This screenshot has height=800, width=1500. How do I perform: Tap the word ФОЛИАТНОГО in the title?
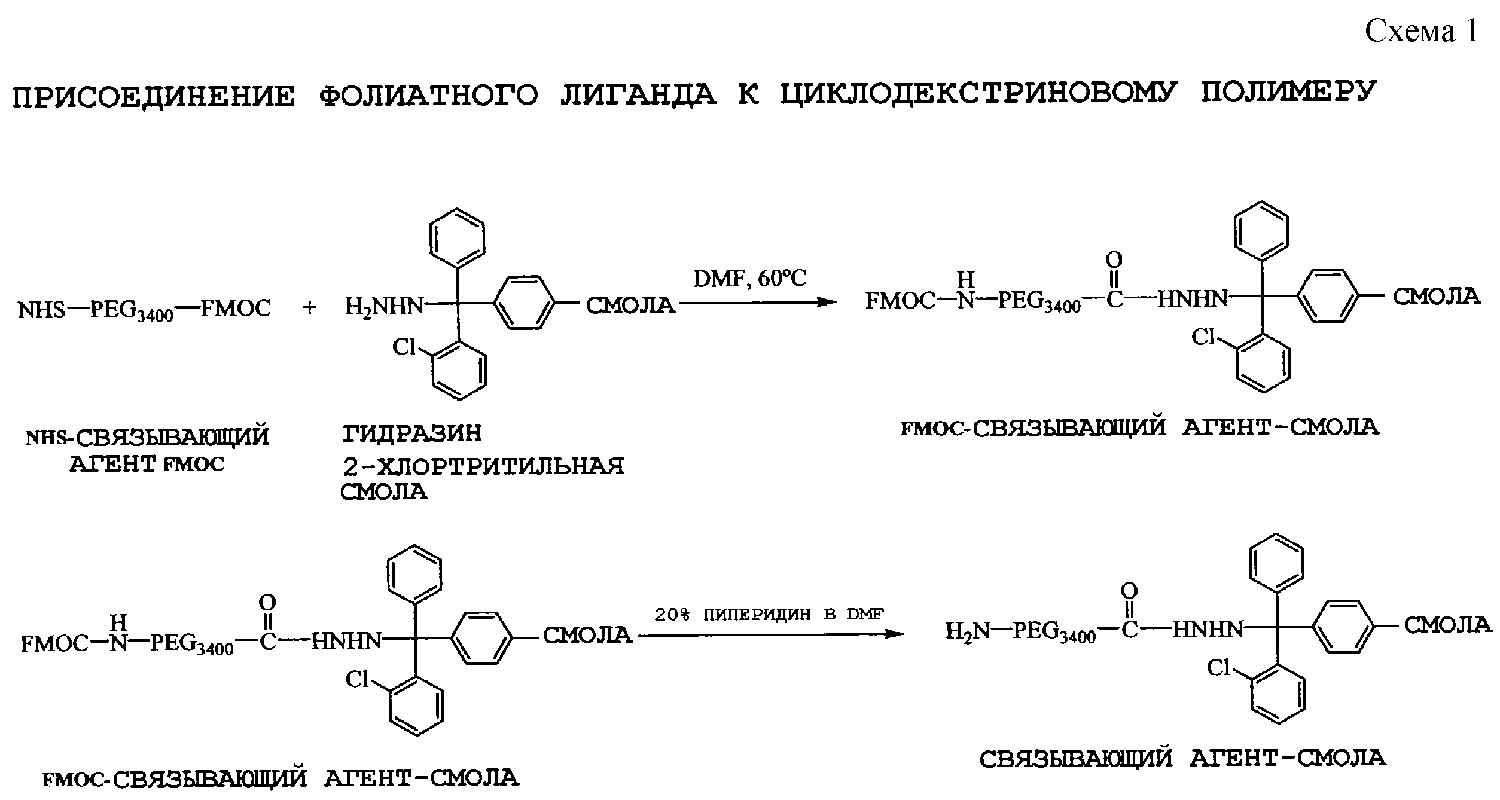pos(428,96)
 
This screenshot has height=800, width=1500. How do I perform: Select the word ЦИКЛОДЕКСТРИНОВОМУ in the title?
pos(978,94)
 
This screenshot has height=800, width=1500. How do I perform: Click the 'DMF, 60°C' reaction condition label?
pos(749,278)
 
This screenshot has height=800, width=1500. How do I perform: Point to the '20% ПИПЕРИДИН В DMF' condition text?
pos(769,615)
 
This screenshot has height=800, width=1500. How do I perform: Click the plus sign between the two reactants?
pos(309,308)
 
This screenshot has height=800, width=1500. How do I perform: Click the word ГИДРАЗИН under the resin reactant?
pos(413,433)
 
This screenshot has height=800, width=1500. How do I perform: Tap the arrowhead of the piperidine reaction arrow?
pos(895,634)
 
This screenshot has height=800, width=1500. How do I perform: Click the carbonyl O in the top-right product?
pos(1114,259)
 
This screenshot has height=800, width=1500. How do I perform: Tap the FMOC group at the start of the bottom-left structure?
pos(55,645)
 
